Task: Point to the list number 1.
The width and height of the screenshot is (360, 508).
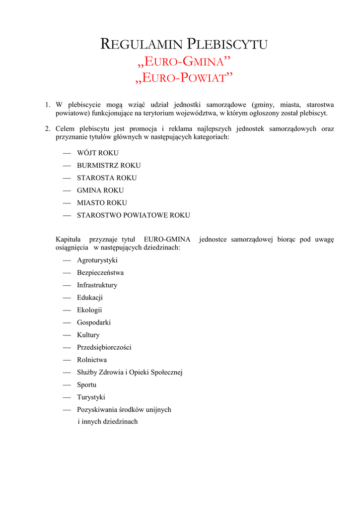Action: (x=47, y=105)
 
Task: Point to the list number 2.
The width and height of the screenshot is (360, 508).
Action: (x=47, y=129)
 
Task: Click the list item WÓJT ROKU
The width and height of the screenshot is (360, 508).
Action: (x=97, y=153)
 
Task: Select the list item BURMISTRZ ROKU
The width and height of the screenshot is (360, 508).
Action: (x=108, y=166)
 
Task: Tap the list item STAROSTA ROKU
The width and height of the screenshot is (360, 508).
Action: (x=106, y=178)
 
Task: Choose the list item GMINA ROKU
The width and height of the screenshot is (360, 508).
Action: (x=100, y=190)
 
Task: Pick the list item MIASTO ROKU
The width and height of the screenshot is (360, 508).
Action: (x=102, y=203)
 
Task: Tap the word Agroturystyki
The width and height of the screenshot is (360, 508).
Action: (x=97, y=260)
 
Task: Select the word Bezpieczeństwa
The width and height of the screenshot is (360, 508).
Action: (x=100, y=273)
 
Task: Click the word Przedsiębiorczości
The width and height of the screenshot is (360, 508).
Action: (x=104, y=348)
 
